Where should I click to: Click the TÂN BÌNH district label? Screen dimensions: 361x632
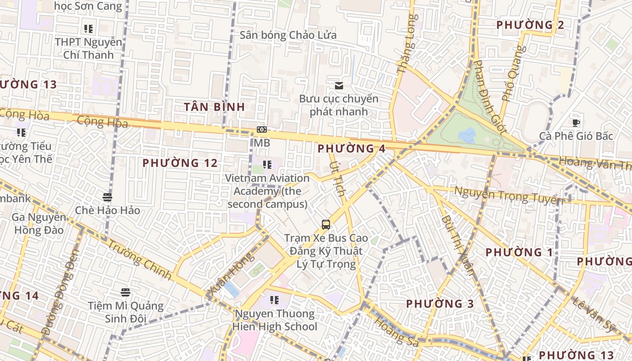tap(214, 107)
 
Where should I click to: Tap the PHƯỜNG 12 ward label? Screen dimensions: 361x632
tap(180, 163)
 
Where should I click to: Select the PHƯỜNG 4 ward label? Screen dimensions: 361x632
tap(352, 148)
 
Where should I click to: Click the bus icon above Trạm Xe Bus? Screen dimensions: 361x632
tap(325, 224)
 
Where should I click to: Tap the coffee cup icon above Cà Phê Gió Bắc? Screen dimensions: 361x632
tap(576, 123)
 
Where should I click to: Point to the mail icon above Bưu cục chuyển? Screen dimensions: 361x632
tap(339, 86)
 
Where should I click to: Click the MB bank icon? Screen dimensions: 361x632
tap(262, 130)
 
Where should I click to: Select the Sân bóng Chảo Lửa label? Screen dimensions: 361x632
tap(288, 35)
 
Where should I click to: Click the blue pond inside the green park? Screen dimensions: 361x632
tap(467, 135)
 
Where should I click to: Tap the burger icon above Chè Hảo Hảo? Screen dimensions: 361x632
tap(107, 197)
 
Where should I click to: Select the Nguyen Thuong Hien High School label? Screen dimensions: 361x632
tap(274, 320)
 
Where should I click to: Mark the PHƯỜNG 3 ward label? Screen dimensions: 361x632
tap(440, 304)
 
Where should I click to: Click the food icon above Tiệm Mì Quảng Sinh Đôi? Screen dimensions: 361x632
tap(125, 292)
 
